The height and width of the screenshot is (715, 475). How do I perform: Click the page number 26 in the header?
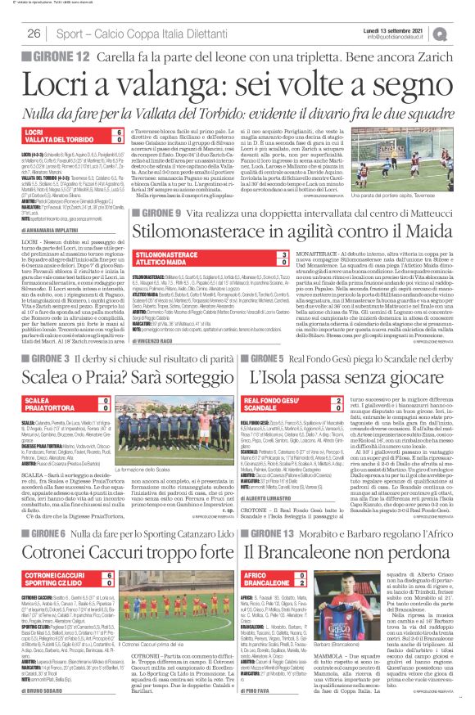[34, 34]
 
